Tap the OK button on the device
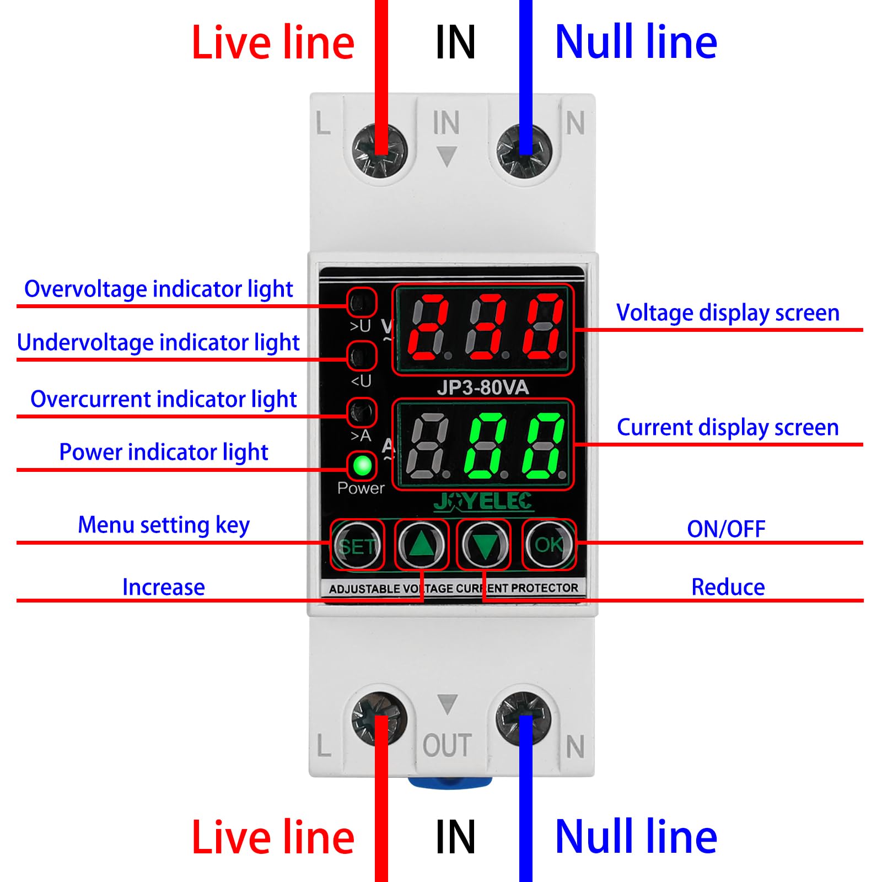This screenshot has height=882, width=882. pos(548,545)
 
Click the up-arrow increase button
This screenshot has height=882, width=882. pos(422,545)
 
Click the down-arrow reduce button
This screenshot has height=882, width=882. pos(484,545)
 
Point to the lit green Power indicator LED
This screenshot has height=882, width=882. pos(362,466)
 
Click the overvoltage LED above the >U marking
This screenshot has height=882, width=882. pos(362,302)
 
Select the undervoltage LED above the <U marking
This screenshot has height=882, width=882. pos(362,356)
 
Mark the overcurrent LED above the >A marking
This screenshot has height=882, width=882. pos(362,412)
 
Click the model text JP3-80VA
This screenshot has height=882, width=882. pos(482,388)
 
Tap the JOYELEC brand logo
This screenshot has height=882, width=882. pos(482,501)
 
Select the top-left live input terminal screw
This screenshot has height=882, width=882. pos(379,150)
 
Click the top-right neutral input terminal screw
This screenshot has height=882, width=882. pos(524,150)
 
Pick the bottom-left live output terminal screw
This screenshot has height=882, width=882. pos(379,718)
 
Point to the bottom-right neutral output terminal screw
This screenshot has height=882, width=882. pos(524,718)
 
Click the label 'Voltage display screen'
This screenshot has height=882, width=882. pos(728,313)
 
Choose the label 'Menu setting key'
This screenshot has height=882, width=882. pos(164,525)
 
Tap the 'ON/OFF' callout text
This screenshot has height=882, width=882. pos(726,529)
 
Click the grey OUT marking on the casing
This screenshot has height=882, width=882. pos(447,745)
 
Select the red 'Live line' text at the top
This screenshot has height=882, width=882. pos(273,43)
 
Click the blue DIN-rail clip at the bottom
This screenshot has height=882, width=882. pos(449,782)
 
